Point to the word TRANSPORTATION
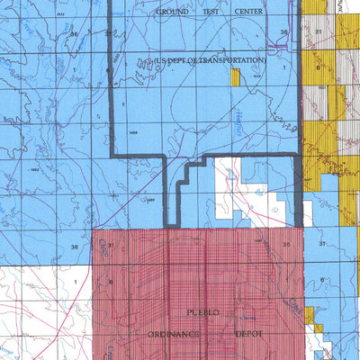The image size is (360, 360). click(231, 60)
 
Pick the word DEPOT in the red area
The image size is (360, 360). click(250, 333)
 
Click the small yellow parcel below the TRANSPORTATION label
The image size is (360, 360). click(235, 77)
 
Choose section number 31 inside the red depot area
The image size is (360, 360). click(110, 244)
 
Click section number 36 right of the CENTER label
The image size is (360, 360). click(283, 32)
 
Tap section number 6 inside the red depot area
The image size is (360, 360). click(109, 282)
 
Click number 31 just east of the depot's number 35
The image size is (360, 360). click(321, 244)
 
